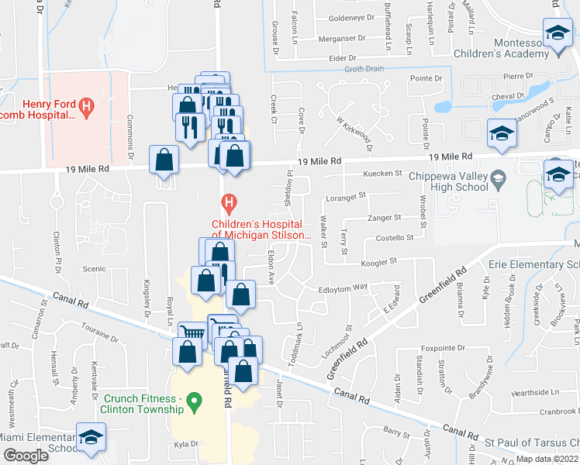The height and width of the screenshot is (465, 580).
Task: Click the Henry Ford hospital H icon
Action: point(87,103)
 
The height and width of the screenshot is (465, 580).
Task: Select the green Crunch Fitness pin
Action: point(195,400)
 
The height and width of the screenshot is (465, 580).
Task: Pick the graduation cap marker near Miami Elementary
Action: point(91,438)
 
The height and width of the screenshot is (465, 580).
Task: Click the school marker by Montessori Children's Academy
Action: point(557,34)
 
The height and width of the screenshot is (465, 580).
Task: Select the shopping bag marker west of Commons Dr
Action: point(164,160)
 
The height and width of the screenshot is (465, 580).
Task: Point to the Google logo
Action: point(25,456)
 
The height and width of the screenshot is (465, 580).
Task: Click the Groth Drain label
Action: point(364,68)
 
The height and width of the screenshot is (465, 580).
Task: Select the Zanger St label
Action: point(385,219)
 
